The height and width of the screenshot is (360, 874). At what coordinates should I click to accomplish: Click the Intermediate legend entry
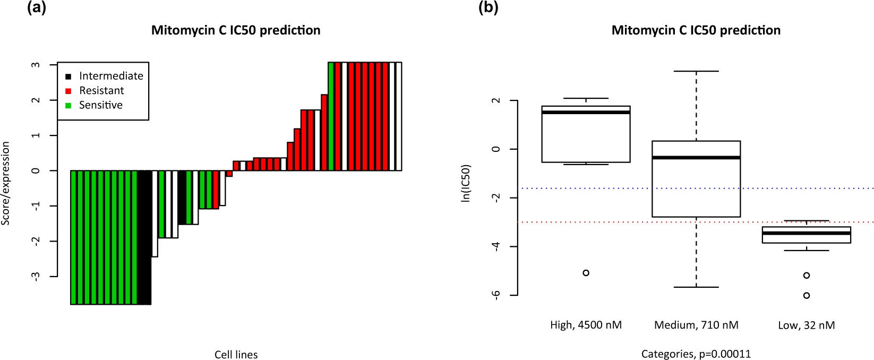pos(111,76)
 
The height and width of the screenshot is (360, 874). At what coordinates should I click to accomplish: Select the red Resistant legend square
pos(68,91)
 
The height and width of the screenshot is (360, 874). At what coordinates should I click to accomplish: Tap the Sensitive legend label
pos(101,105)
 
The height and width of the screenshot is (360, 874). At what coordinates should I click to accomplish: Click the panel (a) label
pos(37,7)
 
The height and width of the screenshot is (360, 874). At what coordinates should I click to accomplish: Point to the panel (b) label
pos(488,7)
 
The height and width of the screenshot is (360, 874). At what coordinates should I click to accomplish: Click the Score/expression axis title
pos(6,183)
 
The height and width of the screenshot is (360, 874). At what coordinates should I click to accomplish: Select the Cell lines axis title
pos(236,354)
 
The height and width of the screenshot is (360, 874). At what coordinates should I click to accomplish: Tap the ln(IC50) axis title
pos(466,183)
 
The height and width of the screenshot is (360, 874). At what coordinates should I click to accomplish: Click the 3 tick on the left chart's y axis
pos(36,65)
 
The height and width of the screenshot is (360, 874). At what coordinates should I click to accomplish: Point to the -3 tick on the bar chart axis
pos(36,276)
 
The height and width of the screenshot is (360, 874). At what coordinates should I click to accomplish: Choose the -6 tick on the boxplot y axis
pos(495,295)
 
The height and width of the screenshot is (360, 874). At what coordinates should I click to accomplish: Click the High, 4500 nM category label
pos(586,325)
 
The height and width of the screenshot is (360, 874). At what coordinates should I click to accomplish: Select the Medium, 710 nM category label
pos(696,325)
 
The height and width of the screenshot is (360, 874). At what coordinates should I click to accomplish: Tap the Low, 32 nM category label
pos(806,325)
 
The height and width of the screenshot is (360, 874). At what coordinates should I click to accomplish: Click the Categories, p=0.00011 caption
pos(696,354)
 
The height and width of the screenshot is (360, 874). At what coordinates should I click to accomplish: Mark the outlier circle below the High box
pos(586,273)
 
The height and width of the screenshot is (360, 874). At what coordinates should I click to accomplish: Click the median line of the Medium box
pos(696,158)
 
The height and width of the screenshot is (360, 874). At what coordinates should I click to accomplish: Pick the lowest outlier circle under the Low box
pos(807,296)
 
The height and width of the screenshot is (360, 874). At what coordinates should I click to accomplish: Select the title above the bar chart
pos(236,30)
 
